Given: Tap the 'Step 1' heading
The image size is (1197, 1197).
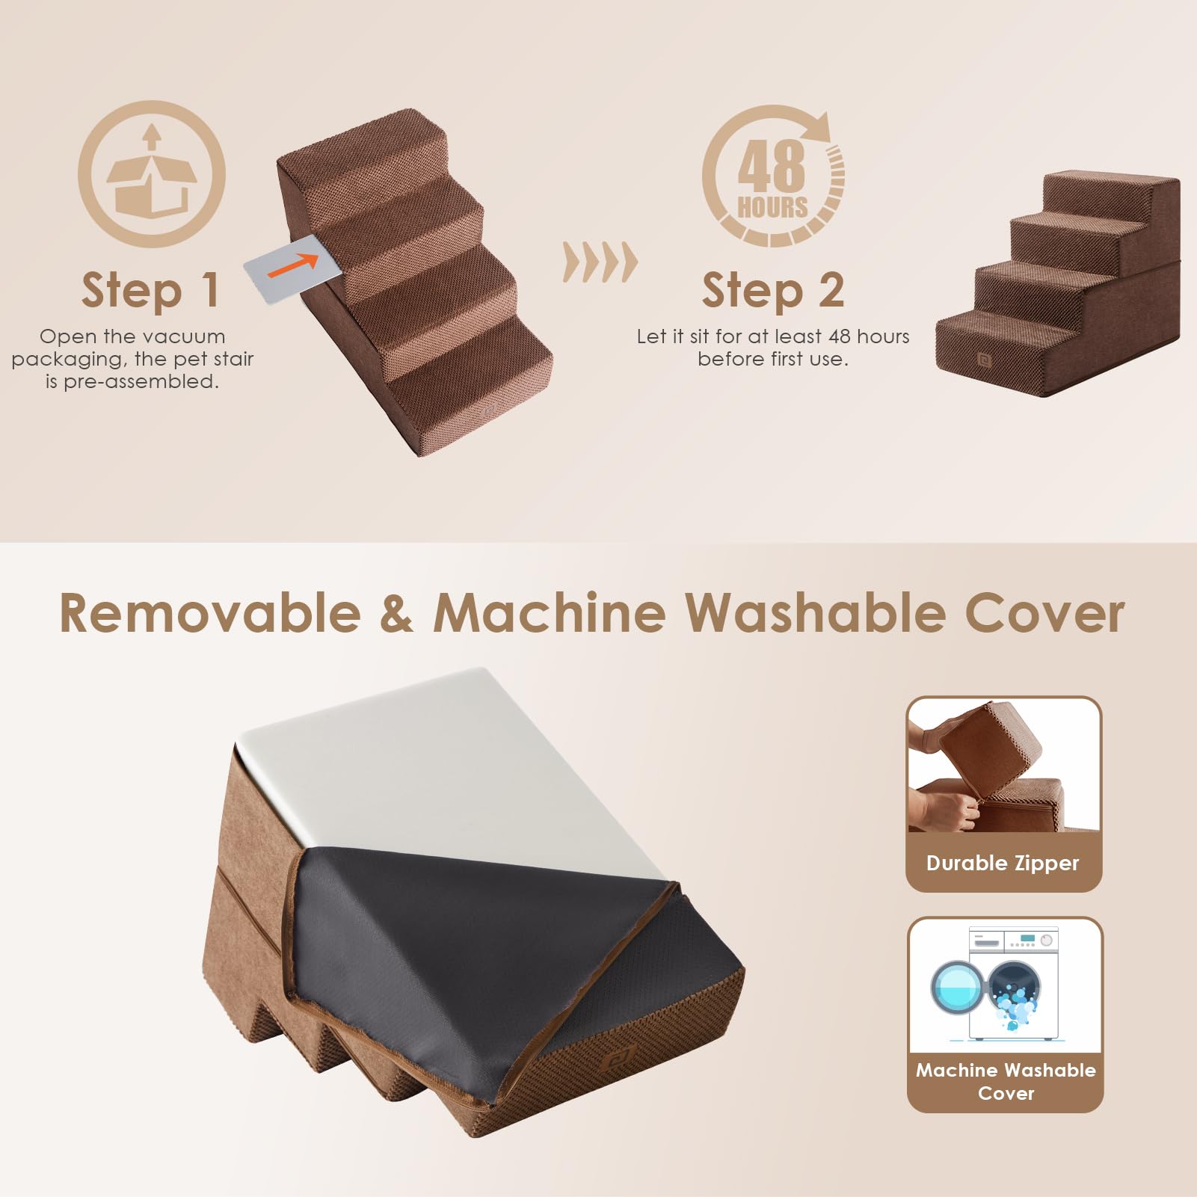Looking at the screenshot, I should pos(150,291).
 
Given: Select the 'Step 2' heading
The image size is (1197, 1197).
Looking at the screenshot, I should pos(772,291).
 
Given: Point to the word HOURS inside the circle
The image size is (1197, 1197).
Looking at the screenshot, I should pos(772,207).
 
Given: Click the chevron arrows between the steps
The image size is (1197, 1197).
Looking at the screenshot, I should pos(600,262).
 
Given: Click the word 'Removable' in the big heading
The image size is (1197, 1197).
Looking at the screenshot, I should pos(210,613).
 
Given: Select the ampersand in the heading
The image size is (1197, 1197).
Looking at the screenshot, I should pos(396,613).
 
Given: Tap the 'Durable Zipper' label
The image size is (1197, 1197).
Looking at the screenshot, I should pos(1003,863).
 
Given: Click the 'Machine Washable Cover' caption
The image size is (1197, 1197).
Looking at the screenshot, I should pos(1006,1081).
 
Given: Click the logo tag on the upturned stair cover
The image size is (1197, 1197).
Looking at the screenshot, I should pos(618,1060).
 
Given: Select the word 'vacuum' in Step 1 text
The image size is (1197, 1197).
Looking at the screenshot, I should pos(185,336).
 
